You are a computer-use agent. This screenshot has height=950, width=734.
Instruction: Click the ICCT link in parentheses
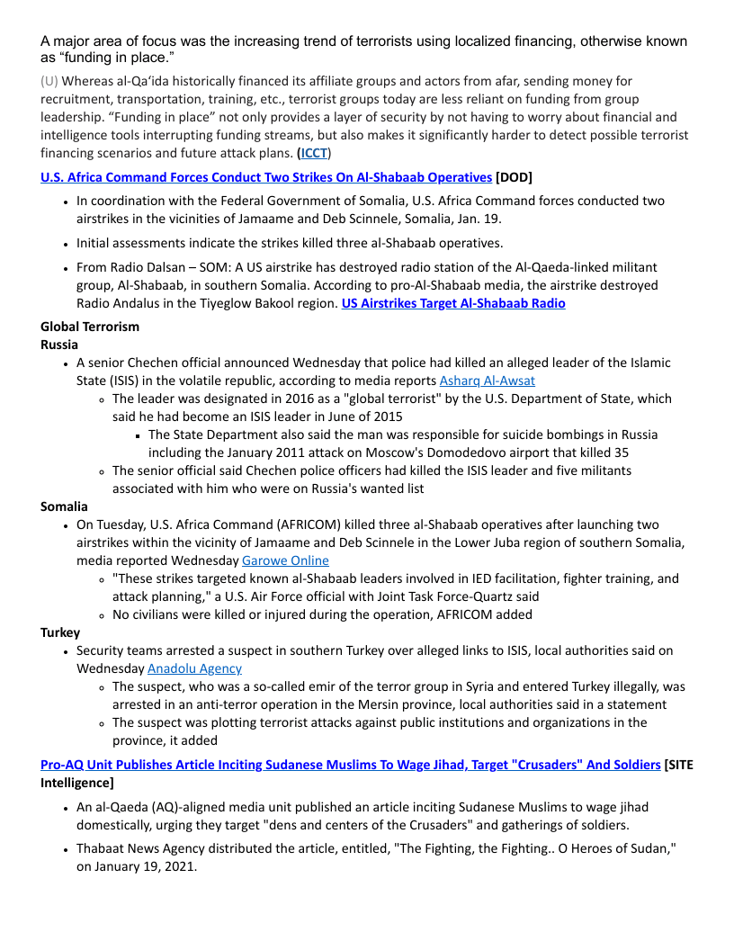(x=314, y=153)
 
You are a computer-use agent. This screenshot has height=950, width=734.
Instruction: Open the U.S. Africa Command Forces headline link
(x=265, y=177)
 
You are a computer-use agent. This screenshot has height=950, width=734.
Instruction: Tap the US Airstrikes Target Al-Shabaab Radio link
(x=453, y=303)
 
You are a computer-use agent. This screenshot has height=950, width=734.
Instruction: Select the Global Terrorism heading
(x=90, y=327)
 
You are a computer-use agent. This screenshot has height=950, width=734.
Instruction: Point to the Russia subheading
(x=59, y=345)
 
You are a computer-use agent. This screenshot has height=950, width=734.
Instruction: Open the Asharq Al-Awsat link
(x=487, y=381)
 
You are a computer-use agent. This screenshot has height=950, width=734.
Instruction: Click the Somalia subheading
(x=64, y=506)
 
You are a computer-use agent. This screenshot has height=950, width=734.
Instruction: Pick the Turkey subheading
(x=60, y=632)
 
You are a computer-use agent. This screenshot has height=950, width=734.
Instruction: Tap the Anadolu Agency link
(x=194, y=668)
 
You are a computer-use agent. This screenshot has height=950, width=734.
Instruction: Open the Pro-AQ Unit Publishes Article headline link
(x=350, y=765)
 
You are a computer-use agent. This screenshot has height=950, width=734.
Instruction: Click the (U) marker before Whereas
(x=49, y=81)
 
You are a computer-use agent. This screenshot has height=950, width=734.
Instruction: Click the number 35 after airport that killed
(x=620, y=453)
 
